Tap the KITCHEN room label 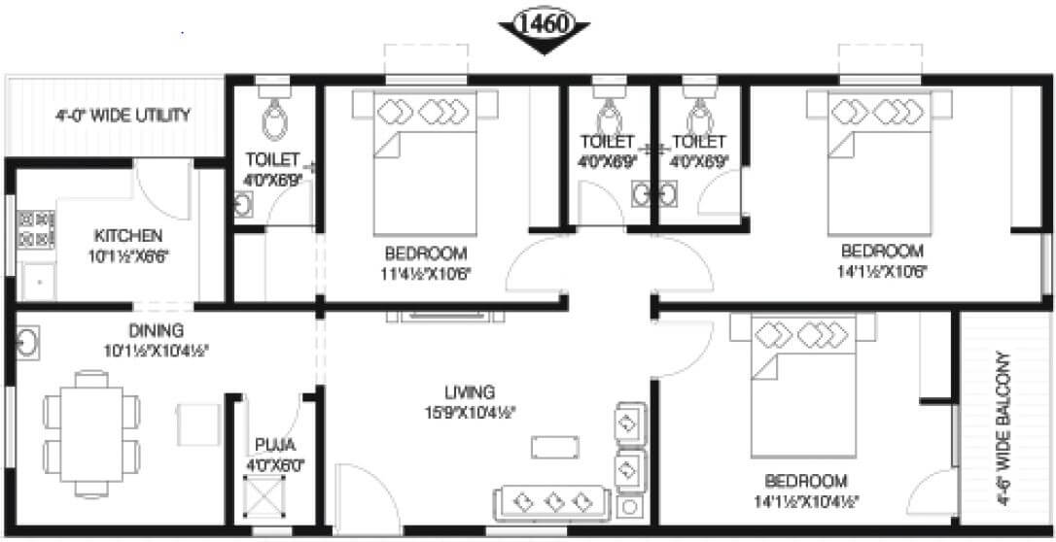tap(128, 236)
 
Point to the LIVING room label tap(470, 392)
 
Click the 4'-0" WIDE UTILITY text tap(123, 116)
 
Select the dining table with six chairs tap(88, 424)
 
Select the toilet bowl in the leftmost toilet tap(272, 121)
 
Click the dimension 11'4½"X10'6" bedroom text tap(428, 273)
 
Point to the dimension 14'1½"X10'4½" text tap(805, 502)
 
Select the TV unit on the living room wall tap(442, 316)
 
